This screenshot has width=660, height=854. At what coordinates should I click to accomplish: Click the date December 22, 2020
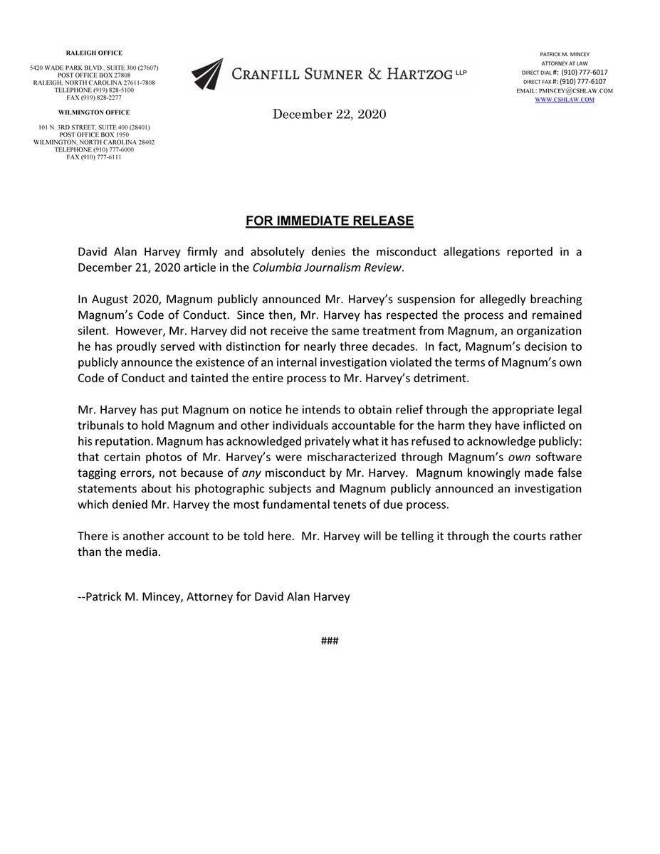coord(330,115)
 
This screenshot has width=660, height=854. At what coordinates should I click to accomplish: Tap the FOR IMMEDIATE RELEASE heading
coord(330,221)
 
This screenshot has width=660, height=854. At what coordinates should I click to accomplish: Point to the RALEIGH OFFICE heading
coord(95,53)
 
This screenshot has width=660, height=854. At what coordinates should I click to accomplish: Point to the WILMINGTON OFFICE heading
coord(95,112)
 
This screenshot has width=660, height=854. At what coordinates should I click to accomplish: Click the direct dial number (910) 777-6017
coord(585,73)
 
